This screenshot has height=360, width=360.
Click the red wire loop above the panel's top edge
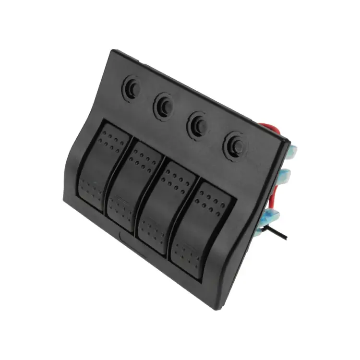click(x=271, y=129)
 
